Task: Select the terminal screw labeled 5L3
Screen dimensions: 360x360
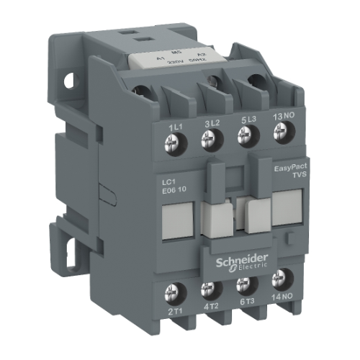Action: [x=245, y=135]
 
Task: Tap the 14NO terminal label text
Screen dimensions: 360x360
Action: [x=282, y=302]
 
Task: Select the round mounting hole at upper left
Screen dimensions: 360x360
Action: [x=70, y=81]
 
